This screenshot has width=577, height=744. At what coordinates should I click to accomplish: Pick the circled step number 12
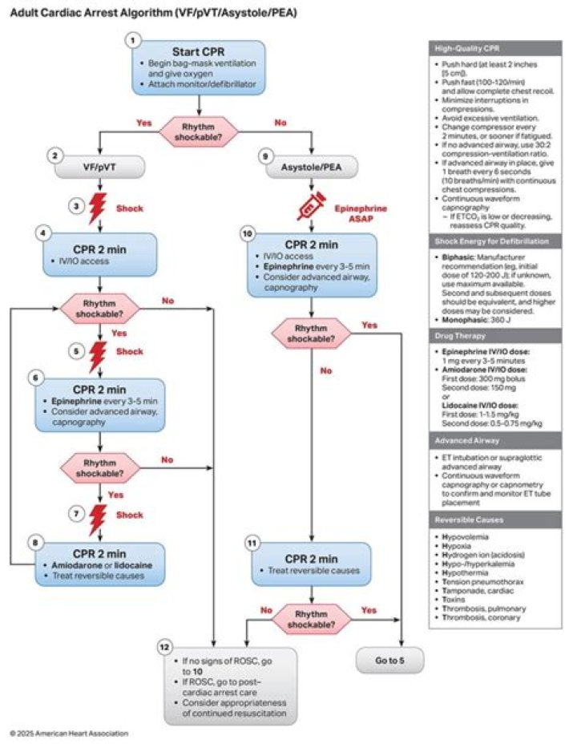164,645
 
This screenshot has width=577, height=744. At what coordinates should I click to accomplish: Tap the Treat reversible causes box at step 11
312,563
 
